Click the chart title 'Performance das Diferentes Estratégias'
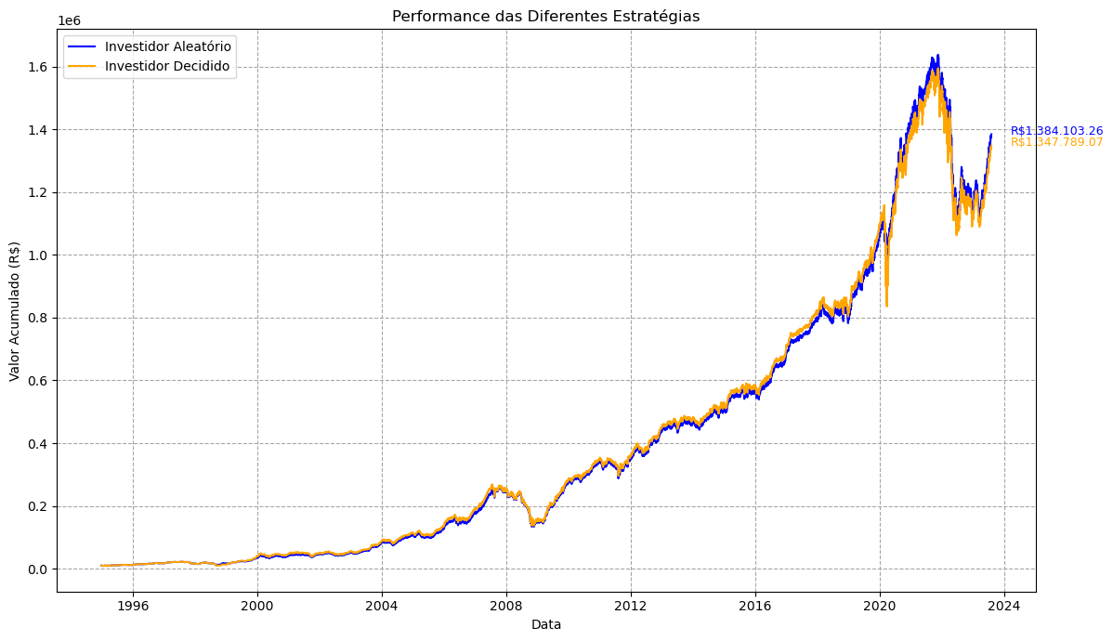tap(546, 17)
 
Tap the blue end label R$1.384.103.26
tap(1057, 131)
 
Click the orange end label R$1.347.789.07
tap(1057, 142)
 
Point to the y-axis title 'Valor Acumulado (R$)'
tap(15, 311)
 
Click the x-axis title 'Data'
tap(546, 624)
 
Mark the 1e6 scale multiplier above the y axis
tap(69, 20)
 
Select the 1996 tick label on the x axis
tap(133, 606)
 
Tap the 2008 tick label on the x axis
tap(506, 606)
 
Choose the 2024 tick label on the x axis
tap(1004, 606)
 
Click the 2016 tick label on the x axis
tap(755, 606)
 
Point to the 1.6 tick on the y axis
tap(38, 68)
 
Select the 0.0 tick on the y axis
tap(38, 569)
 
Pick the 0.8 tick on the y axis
tap(38, 318)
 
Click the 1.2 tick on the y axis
tap(38, 192)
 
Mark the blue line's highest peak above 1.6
tap(937, 56)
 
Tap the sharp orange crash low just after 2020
tap(886, 306)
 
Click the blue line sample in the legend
tap(82, 46)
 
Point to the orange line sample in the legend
tap(82, 67)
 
